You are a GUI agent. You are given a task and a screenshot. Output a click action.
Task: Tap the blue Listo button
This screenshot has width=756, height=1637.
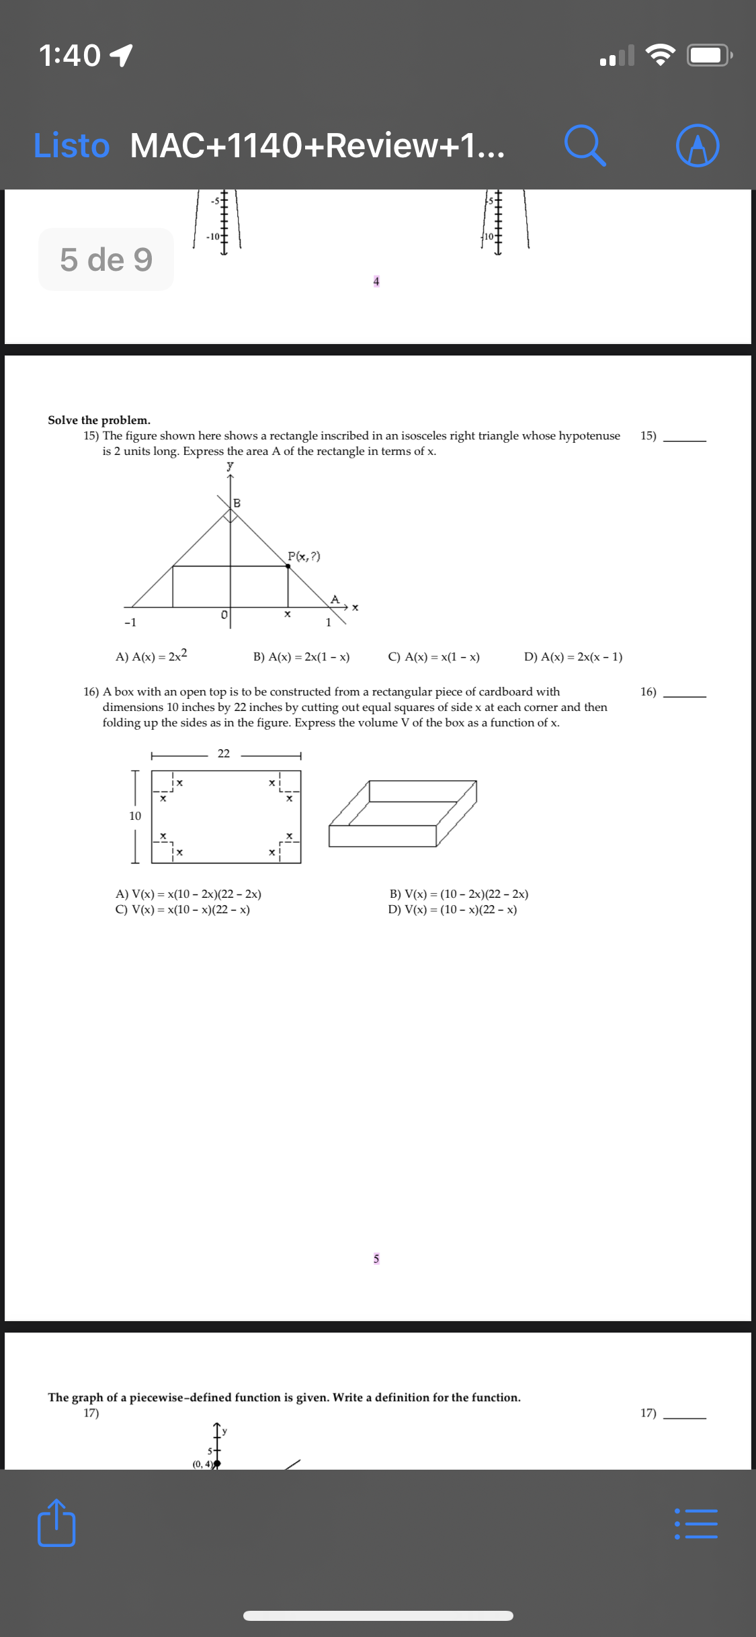pyautogui.click(x=71, y=145)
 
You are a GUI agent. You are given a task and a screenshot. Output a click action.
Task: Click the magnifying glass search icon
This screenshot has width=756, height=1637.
pyautogui.click(x=585, y=145)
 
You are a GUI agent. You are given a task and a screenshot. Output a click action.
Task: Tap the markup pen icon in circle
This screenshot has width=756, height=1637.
pyautogui.click(x=698, y=145)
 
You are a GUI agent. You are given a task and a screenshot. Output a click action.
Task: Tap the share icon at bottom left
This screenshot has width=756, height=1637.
pyautogui.click(x=56, y=1523)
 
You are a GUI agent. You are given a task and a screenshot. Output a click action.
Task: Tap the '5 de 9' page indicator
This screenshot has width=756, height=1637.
pyautogui.click(x=106, y=259)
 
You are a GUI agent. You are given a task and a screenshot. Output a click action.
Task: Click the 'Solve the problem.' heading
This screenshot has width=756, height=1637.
pyautogui.click(x=99, y=420)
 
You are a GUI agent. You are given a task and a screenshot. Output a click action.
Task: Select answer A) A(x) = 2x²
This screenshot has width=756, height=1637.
pyautogui.click(x=151, y=656)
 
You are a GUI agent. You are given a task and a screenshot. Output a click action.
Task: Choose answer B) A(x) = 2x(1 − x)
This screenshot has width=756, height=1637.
pyautogui.click(x=301, y=657)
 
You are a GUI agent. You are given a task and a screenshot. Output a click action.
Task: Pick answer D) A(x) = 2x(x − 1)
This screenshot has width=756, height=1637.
pyautogui.click(x=573, y=657)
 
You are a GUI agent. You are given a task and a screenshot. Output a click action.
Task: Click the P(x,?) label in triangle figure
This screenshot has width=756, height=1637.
pyautogui.click(x=304, y=556)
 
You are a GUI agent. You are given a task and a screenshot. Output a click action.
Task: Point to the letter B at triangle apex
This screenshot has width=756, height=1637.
pyautogui.click(x=237, y=503)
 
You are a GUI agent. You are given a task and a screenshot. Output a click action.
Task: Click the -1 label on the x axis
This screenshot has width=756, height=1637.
pyautogui.click(x=130, y=622)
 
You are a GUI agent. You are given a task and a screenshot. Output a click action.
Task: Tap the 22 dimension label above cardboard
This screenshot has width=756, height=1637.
pyautogui.click(x=224, y=753)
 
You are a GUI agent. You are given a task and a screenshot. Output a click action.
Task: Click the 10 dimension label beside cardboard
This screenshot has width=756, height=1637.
pyautogui.click(x=135, y=816)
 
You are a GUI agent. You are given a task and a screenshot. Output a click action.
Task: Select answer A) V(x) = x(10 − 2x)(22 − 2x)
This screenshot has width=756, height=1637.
pyautogui.click(x=188, y=894)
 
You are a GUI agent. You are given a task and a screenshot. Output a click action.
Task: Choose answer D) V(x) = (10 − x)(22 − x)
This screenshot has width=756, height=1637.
pyautogui.click(x=452, y=909)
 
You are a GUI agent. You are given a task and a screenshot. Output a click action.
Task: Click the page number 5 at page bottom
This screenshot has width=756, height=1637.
pyautogui.click(x=376, y=1258)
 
